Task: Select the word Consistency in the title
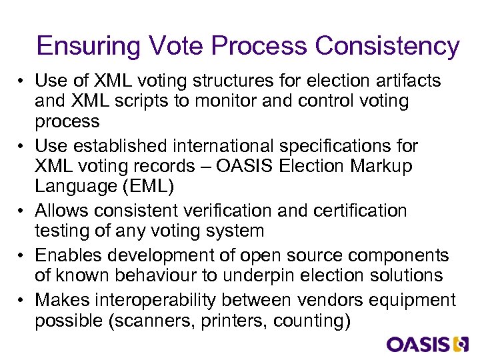pos(387,47)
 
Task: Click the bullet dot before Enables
pos(22,255)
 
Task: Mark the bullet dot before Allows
pos(22,211)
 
